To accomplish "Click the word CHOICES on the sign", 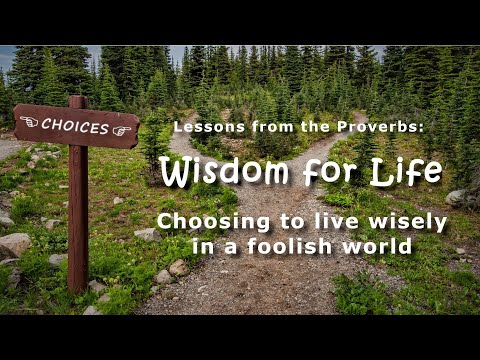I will (x=75, y=127).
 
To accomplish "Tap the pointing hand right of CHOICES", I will (x=121, y=131).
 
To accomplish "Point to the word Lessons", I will (x=202, y=127).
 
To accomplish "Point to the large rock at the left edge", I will (x=13, y=244).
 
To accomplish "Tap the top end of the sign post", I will (x=77, y=101).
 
